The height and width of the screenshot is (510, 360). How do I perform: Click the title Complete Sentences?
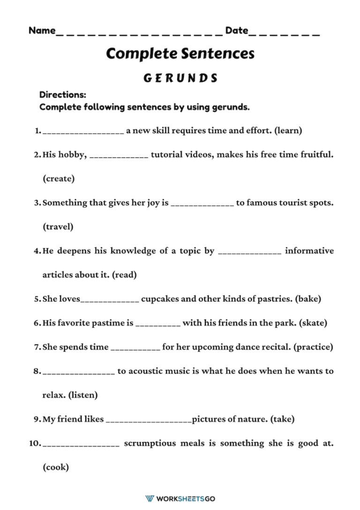click(180, 53)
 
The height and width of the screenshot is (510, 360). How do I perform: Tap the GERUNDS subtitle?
click(180, 78)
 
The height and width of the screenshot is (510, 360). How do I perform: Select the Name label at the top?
click(42, 30)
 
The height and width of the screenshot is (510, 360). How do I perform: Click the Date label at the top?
click(237, 30)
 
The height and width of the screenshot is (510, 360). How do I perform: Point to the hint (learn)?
click(288, 130)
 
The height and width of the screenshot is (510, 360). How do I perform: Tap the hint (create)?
click(59, 179)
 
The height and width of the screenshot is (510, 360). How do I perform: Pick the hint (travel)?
click(58, 227)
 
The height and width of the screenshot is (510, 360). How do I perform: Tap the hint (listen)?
click(83, 395)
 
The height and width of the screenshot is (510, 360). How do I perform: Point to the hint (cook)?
click(56, 467)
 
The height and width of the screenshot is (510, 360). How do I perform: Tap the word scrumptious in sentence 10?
click(150, 443)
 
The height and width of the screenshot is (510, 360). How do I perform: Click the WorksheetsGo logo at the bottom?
click(180, 498)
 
